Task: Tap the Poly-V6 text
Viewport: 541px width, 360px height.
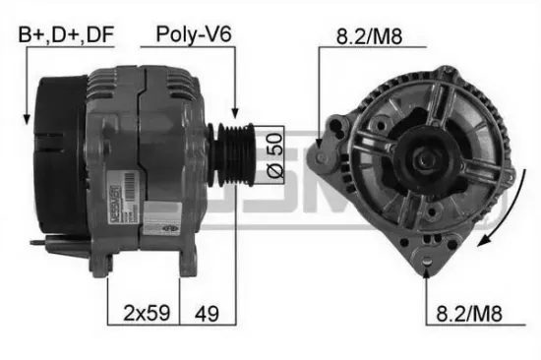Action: [x=194, y=36]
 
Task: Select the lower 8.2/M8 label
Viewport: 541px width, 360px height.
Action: [x=469, y=316]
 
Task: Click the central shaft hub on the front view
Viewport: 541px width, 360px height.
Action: [x=426, y=156]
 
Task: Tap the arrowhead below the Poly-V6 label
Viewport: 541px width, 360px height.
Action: [x=234, y=113]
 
